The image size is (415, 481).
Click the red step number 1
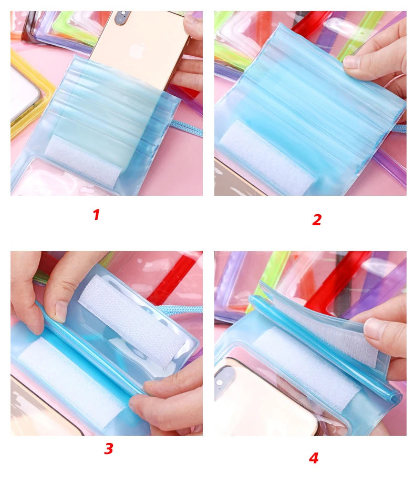[x=97, y=215]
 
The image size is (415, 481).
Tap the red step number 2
[x=317, y=219]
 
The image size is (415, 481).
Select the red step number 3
[x=108, y=448]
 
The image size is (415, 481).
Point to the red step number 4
[x=314, y=458]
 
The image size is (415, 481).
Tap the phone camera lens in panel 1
[x=123, y=16]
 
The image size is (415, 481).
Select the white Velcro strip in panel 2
[x=266, y=157]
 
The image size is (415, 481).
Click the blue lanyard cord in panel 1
[x=186, y=128]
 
